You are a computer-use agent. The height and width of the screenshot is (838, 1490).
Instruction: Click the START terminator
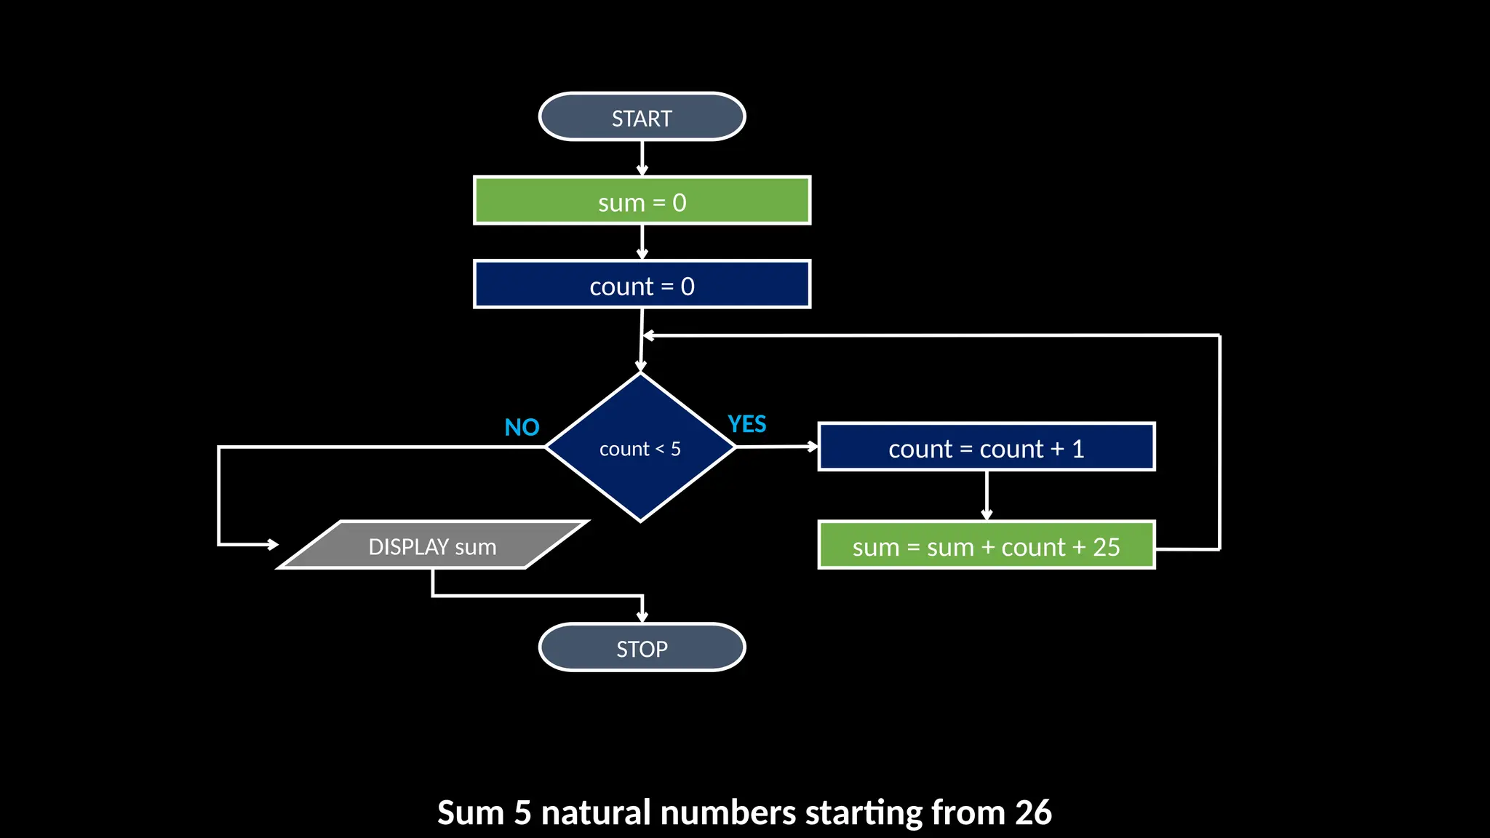[x=642, y=117]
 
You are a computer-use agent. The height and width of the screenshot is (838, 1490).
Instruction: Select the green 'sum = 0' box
[x=642, y=201]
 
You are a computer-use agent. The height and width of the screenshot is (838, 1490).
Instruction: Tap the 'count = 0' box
[x=642, y=284]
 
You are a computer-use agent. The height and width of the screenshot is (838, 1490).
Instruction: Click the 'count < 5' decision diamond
[x=640, y=448]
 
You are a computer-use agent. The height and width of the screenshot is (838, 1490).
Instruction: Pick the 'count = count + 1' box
[x=986, y=447]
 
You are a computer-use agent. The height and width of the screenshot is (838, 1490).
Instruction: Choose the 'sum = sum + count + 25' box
[x=986, y=546]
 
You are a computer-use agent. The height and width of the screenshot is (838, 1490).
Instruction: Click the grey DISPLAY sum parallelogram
[x=432, y=546]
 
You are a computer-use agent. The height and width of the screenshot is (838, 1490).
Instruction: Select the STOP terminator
[x=642, y=647]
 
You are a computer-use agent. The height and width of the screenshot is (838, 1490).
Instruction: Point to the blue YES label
[x=746, y=424]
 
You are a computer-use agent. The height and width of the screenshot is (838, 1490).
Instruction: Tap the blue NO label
[x=522, y=427]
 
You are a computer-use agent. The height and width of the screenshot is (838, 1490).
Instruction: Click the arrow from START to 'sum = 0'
[x=642, y=158]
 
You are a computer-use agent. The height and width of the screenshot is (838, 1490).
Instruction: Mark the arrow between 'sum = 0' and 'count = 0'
[x=642, y=242]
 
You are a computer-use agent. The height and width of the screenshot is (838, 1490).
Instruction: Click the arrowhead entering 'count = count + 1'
[x=812, y=447]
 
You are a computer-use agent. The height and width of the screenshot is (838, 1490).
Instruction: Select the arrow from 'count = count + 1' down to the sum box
[x=987, y=495]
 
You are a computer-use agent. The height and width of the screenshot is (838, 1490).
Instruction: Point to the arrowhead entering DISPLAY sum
[x=272, y=544]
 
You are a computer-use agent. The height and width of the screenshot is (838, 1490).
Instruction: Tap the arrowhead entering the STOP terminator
[x=642, y=617]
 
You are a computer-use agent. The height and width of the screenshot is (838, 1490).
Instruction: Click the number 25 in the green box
[x=1106, y=547]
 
